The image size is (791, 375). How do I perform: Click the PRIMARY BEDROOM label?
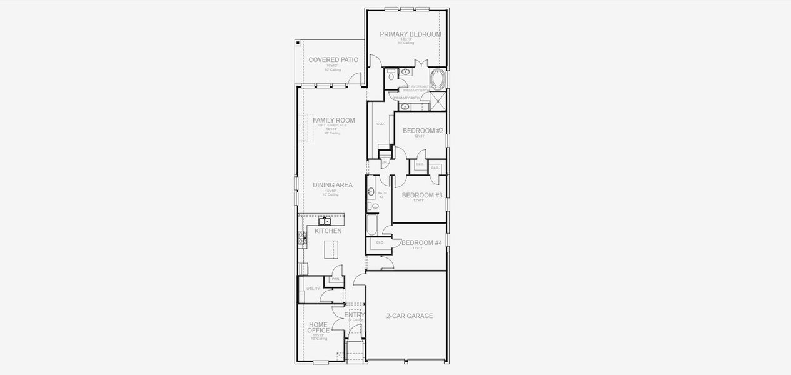(410, 34)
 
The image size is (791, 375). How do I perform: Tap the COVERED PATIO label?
(333, 60)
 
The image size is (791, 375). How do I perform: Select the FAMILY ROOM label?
(334, 120)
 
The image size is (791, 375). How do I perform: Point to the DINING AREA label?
(333, 185)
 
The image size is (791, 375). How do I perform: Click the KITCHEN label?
(328, 231)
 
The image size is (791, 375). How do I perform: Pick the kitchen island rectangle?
(331, 250)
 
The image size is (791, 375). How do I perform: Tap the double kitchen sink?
(324, 221)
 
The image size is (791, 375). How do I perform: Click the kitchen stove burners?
(302, 237)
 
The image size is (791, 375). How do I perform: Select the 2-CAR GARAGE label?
(410, 316)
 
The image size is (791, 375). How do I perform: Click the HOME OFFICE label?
(318, 327)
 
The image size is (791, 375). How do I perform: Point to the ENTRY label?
(355, 315)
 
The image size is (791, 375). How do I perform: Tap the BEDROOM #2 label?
(423, 131)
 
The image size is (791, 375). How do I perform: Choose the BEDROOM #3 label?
(422, 196)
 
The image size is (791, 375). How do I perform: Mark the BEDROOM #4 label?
(421, 243)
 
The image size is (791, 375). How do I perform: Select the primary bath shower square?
(438, 101)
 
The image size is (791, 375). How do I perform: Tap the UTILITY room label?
(313, 289)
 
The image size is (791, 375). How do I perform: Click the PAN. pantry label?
(336, 279)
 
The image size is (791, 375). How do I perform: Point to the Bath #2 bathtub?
(371, 225)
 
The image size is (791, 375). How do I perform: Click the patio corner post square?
(298, 43)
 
